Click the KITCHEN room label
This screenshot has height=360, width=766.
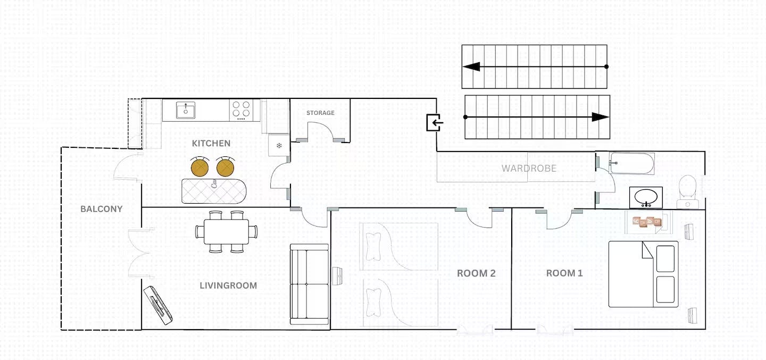(x=211, y=143)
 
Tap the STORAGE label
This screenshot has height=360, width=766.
(x=320, y=113)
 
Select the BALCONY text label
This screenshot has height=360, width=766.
(x=101, y=209)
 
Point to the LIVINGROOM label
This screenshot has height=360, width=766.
(x=228, y=286)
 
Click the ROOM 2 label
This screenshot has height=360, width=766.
(x=476, y=273)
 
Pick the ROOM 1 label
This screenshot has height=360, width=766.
(x=564, y=273)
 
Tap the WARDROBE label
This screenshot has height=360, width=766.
(x=529, y=168)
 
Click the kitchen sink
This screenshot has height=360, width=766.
(x=186, y=110)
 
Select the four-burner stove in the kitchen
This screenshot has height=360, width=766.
(x=241, y=110)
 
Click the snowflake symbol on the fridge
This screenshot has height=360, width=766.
(x=279, y=146)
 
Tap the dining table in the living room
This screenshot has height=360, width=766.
(x=227, y=232)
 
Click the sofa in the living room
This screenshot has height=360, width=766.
(x=310, y=284)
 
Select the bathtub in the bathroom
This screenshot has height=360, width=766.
(x=632, y=163)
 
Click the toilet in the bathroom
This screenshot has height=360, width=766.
(x=688, y=191)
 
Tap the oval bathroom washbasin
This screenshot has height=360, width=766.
(x=646, y=197)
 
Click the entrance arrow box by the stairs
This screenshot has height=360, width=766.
(x=435, y=122)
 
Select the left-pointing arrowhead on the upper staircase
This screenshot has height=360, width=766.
(x=471, y=66)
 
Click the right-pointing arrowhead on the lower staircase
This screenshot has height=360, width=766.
(x=601, y=117)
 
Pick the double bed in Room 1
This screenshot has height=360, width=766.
(x=643, y=274)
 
